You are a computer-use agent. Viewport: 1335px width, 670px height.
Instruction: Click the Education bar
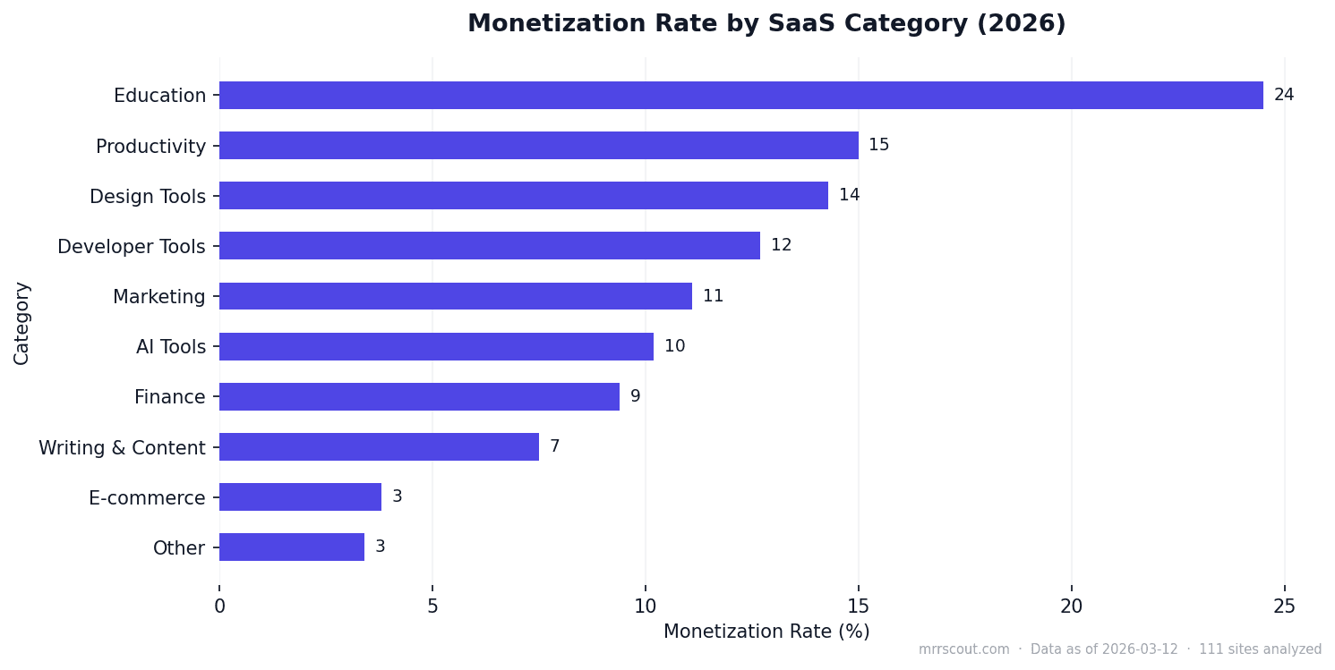[740, 96]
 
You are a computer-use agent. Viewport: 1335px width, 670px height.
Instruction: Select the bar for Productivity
[538, 146]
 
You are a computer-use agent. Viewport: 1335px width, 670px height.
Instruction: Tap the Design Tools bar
[523, 196]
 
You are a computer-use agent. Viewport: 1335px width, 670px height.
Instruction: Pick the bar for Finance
[419, 397]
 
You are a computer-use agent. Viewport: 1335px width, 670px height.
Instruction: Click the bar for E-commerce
[300, 497]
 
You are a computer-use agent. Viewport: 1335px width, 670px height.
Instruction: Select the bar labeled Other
[291, 547]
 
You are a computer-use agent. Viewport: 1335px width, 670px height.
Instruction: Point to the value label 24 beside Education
[1283, 96]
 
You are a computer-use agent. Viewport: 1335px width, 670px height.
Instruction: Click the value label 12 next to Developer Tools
[781, 246]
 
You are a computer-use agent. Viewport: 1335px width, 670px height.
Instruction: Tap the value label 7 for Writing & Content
[554, 447]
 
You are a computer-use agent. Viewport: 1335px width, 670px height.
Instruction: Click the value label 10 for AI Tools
[674, 347]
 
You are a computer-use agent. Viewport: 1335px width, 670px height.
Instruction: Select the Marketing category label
[158, 297]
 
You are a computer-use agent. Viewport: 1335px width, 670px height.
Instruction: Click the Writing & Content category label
[122, 448]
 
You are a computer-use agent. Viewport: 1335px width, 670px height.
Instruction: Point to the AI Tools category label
[170, 347]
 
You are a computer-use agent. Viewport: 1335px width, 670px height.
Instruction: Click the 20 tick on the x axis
[1071, 606]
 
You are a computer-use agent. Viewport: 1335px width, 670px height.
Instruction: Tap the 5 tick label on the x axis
[432, 606]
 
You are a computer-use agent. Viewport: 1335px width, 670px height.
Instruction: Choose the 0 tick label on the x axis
[219, 606]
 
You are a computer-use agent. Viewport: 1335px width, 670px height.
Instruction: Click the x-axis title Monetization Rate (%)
[766, 632]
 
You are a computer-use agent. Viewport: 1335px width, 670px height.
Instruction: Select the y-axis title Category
[22, 323]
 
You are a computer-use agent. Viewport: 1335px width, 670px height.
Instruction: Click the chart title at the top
[766, 24]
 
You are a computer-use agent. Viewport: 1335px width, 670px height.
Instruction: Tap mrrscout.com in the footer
[963, 650]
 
